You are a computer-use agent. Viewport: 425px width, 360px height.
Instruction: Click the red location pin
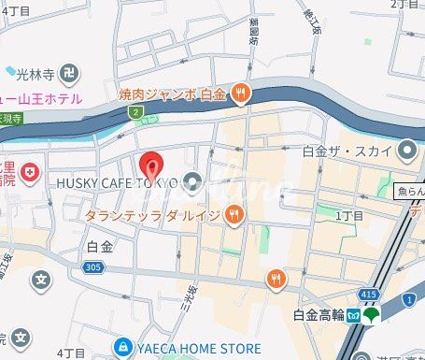(x=151, y=166)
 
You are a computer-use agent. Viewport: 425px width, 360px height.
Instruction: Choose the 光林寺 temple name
(x=34, y=71)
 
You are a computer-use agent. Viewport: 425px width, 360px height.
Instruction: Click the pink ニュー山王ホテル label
(x=42, y=98)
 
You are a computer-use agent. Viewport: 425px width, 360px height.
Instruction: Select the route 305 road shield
(x=92, y=267)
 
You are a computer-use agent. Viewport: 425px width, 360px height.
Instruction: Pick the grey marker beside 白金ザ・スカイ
(x=405, y=150)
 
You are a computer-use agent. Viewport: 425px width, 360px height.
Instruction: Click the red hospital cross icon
(x=31, y=173)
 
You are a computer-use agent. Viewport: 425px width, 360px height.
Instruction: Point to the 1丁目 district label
(x=347, y=216)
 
